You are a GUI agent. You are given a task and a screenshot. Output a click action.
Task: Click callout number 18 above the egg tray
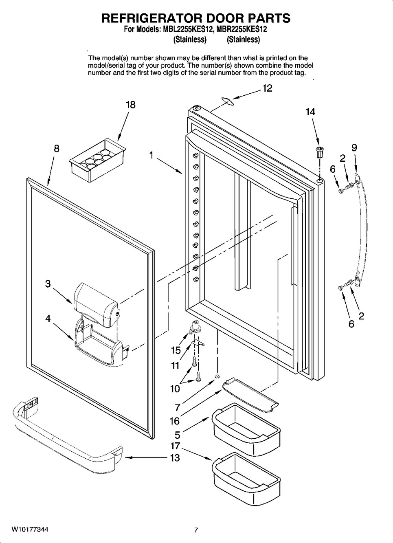pyautogui.click(x=130, y=105)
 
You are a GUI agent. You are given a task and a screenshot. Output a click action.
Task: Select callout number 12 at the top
pyautogui.click(x=267, y=88)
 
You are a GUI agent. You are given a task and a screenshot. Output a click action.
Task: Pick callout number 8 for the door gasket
pyautogui.click(x=57, y=148)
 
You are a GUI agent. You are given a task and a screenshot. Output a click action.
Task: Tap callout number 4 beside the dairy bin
pyautogui.click(x=48, y=319)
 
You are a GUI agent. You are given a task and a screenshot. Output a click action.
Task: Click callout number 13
pyautogui.click(x=175, y=458)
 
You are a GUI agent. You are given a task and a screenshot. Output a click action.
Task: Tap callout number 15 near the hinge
pyautogui.click(x=176, y=350)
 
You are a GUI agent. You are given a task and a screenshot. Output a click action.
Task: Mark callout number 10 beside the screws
pyautogui.click(x=175, y=389)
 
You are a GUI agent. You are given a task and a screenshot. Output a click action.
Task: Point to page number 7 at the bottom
pyautogui.click(x=196, y=530)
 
